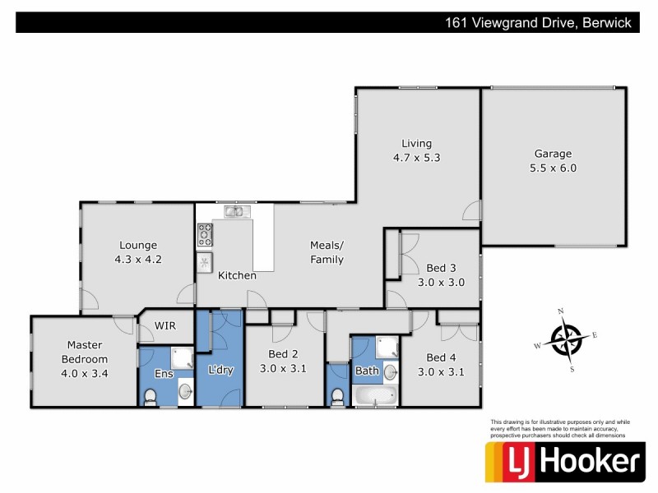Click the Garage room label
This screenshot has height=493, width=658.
[553, 153]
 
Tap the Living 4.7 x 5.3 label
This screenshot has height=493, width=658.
[416, 150]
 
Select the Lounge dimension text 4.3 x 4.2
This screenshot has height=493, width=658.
[138, 259]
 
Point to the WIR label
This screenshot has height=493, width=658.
[165, 325]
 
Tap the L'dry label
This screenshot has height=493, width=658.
[220, 370]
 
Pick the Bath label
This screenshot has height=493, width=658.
[366, 371]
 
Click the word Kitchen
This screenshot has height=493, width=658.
[237, 275]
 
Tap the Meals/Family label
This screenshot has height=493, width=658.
[327, 251]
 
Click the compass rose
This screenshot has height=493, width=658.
[566, 340]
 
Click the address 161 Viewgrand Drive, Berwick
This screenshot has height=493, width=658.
[537, 23]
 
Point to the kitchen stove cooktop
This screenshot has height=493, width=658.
[205, 236]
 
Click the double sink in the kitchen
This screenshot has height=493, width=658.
[234, 212]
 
